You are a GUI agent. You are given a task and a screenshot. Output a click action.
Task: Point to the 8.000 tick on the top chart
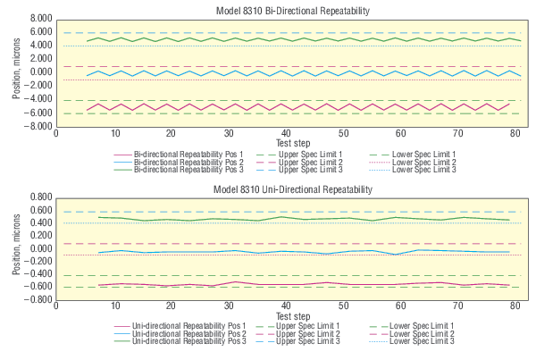click(x=38, y=18)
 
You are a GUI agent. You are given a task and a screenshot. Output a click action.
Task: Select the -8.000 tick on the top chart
click(x=36, y=126)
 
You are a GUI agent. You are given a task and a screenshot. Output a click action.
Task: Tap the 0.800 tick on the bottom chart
click(x=38, y=197)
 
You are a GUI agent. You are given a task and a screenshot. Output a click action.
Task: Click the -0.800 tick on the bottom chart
click(x=36, y=299)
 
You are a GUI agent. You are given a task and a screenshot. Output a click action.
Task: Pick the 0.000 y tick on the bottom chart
click(x=38, y=248)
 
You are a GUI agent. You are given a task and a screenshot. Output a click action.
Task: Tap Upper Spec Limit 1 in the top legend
click(x=312, y=154)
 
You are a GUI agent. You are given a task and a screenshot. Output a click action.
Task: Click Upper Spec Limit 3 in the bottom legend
click(x=312, y=342)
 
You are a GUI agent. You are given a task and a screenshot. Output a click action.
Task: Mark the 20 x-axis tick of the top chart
click(x=172, y=134)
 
